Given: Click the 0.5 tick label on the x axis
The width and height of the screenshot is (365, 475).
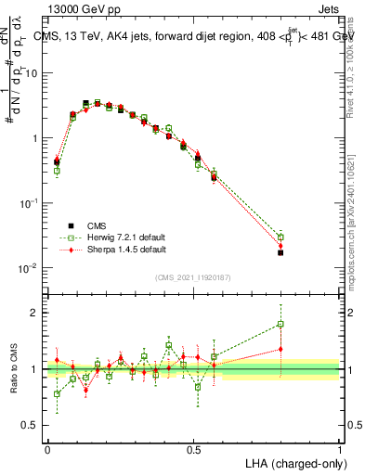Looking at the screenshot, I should click(x=194, y=449).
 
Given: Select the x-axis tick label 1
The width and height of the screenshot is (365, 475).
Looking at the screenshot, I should click(x=340, y=449).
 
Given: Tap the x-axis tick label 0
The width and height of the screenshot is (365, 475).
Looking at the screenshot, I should click(x=48, y=449).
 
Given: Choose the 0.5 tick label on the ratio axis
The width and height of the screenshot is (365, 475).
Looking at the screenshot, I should click(x=35, y=426).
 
